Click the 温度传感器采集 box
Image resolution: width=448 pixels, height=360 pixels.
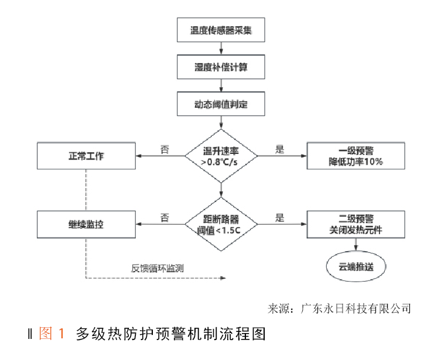(221, 30)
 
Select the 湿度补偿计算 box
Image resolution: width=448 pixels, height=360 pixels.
(221, 67)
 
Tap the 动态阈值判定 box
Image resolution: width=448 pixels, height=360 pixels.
(221, 104)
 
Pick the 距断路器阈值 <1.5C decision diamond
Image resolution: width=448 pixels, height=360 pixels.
(221, 224)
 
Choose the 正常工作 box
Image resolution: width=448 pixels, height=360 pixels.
(86, 156)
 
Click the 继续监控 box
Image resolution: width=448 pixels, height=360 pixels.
(86, 224)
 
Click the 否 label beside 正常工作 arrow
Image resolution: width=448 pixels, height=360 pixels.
(165, 149)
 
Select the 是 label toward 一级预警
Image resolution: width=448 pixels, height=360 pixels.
(280, 149)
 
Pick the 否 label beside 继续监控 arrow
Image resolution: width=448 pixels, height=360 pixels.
(165, 217)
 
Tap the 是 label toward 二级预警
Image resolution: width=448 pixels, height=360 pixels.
(280, 217)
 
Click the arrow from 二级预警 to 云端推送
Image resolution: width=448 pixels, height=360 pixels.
(356, 245)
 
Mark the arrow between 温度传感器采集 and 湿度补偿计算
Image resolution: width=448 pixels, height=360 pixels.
(221, 49)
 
